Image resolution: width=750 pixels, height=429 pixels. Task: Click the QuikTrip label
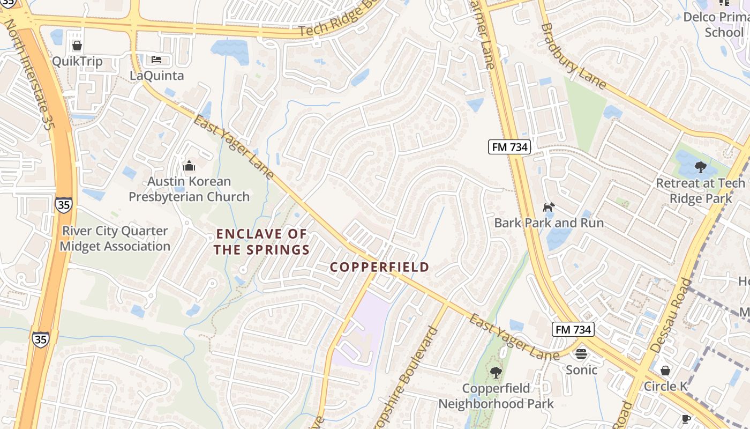click(x=77, y=61)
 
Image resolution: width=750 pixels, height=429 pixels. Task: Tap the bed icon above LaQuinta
click(x=156, y=59)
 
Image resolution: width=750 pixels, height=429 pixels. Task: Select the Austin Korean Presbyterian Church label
click(x=189, y=189)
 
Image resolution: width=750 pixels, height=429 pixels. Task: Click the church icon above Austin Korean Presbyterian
click(x=189, y=166)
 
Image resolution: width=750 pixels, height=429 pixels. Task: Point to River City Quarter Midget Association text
click(x=115, y=239)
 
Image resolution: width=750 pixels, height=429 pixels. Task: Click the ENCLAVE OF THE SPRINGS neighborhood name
click(x=262, y=242)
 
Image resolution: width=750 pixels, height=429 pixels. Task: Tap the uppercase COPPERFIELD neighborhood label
click(x=379, y=267)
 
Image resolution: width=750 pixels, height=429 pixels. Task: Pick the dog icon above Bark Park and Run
click(x=549, y=207)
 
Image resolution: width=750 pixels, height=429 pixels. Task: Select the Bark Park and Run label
click(x=549, y=223)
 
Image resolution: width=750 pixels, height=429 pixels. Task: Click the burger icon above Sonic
click(x=581, y=354)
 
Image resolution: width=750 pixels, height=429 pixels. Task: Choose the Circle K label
click(x=665, y=386)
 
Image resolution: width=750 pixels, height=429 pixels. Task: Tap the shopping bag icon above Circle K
click(x=665, y=371)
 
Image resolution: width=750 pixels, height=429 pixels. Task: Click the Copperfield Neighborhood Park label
click(x=496, y=396)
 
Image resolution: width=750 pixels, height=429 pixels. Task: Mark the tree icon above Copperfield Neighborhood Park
click(x=496, y=372)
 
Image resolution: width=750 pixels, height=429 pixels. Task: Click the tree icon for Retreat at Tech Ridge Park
click(x=700, y=167)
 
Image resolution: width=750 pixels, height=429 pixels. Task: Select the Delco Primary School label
click(x=717, y=25)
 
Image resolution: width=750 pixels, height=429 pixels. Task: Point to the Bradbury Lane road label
click(x=573, y=56)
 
